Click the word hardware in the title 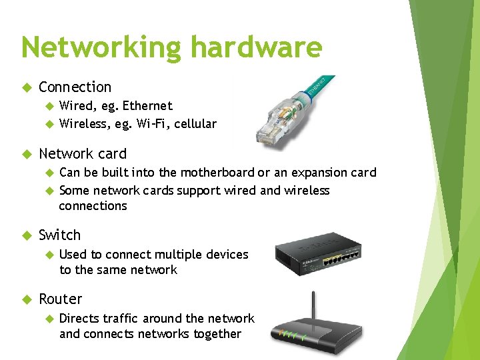[x=257, y=48]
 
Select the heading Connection [x=75, y=87]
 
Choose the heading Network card [x=83, y=154]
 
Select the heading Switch [x=60, y=235]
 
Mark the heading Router [x=61, y=299]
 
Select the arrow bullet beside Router [x=27, y=299]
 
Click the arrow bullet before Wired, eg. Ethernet [x=48, y=106]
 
